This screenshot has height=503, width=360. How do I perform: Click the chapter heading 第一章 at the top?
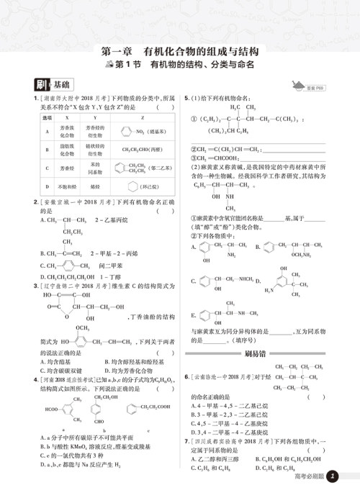117,52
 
